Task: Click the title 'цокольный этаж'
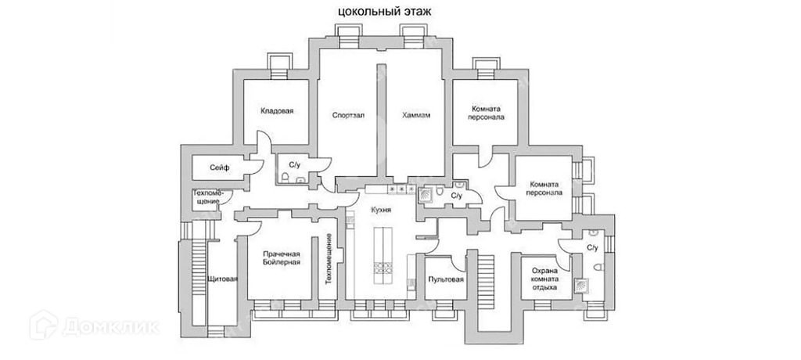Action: pos(383,11)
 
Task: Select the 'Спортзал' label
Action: pos(347,115)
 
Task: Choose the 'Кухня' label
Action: pos(382,211)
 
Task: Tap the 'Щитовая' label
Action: pos(223,279)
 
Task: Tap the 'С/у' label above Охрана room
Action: pos(592,248)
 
